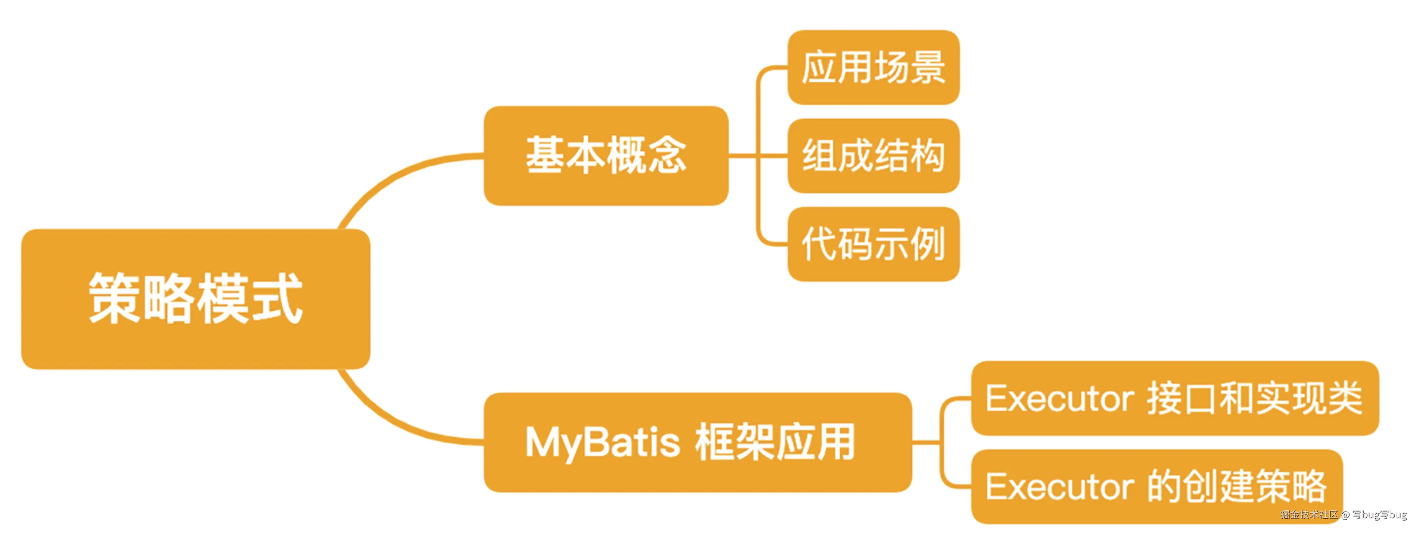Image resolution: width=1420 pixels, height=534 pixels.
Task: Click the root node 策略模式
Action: [x=196, y=299]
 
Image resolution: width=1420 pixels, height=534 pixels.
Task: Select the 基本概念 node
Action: [x=606, y=156]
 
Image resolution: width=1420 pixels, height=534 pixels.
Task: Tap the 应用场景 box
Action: [x=873, y=67]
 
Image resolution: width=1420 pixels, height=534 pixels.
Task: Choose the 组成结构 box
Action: [x=873, y=156]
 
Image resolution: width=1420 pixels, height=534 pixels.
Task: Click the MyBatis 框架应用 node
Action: [x=697, y=442]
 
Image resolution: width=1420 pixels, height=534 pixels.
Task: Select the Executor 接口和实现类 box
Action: [x=1174, y=398]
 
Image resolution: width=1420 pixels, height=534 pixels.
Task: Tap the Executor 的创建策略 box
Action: [x=1156, y=486]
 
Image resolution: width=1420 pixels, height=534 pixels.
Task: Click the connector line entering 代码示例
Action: [x=772, y=243]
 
